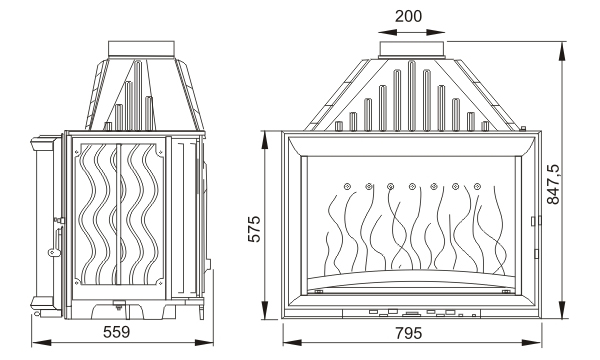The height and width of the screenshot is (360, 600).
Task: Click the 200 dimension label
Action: (x=408, y=16)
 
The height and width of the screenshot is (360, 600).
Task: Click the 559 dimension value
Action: (x=117, y=332)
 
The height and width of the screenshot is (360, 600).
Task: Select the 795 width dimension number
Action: (x=408, y=333)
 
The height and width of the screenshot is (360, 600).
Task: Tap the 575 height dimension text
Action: (x=254, y=229)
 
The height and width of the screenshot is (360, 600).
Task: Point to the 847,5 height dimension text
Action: (x=553, y=184)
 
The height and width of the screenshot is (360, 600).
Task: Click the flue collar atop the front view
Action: (x=412, y=50)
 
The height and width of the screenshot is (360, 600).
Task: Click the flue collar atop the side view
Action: (x=141, y=49)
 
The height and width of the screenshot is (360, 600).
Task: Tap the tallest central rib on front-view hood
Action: (x=412, y=96)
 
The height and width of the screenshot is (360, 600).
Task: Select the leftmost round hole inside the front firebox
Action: (x=347, y=186)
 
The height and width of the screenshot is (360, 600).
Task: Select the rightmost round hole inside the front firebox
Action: (x=477, y=186)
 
